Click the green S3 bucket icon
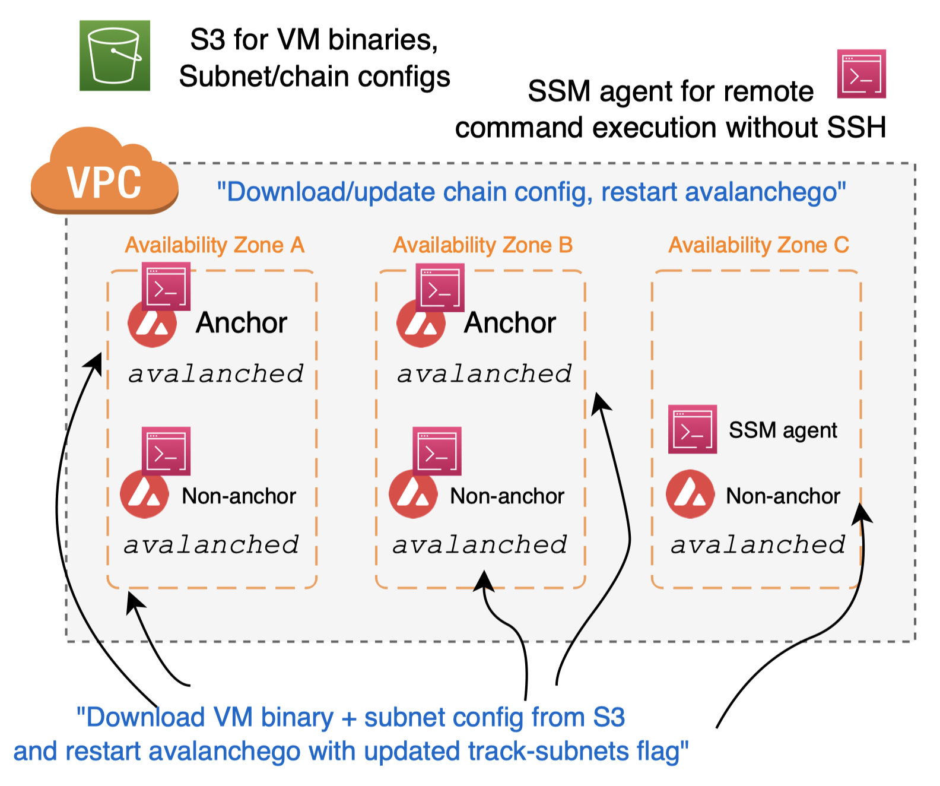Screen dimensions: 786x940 115,55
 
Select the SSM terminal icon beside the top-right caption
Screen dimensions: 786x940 861,74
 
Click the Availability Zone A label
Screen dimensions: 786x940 214,245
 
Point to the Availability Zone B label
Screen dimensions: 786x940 482,245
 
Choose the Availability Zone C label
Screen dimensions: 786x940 758,245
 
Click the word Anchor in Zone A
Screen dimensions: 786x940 242,323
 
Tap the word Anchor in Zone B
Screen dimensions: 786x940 510,323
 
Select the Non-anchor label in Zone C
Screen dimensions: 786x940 783,496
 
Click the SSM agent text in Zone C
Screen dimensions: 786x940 783,430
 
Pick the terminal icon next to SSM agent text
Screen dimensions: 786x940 692,429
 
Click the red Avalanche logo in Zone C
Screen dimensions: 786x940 690,494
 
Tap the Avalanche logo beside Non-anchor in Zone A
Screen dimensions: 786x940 144,494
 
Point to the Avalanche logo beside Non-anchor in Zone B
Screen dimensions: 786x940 413,494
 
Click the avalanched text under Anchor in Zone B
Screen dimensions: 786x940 484,374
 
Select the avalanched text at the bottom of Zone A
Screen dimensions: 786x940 211,544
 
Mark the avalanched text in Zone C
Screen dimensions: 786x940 758,544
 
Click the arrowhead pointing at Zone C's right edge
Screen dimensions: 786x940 861,512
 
